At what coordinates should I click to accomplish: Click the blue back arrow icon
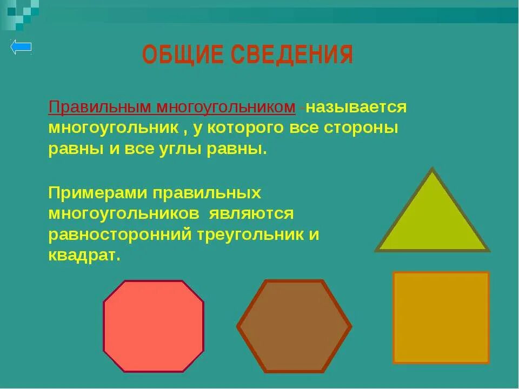[21, 48]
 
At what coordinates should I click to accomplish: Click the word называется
[357, 107]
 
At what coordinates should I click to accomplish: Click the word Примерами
[96, 193]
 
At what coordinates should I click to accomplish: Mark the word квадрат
[83, 256]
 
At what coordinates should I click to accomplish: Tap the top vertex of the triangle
[432, 170]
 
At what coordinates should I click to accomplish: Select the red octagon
[154, 326]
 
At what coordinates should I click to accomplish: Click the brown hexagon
[294, 326]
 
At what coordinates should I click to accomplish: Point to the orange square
[441, 317]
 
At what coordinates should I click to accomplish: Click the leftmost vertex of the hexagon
[238, 326]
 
